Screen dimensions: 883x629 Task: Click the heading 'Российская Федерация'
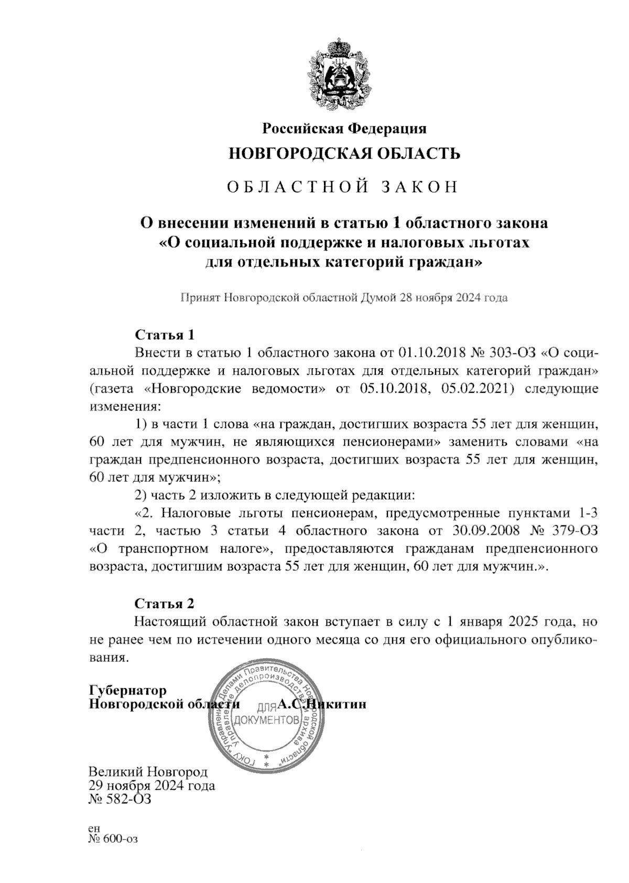tap(344, 128)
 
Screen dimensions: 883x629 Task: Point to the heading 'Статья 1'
tap(165, 334)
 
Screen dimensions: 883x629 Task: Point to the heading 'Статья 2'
tap(165, 603)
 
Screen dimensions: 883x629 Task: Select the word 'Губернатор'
tap(128, 690)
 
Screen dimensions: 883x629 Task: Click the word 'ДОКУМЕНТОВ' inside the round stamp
tap(267, 720)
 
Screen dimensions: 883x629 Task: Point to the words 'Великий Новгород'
tap(148, 772)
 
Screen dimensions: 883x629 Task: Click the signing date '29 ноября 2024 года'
tap(152, 786)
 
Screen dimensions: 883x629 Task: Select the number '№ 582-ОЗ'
tap(120, 800)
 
